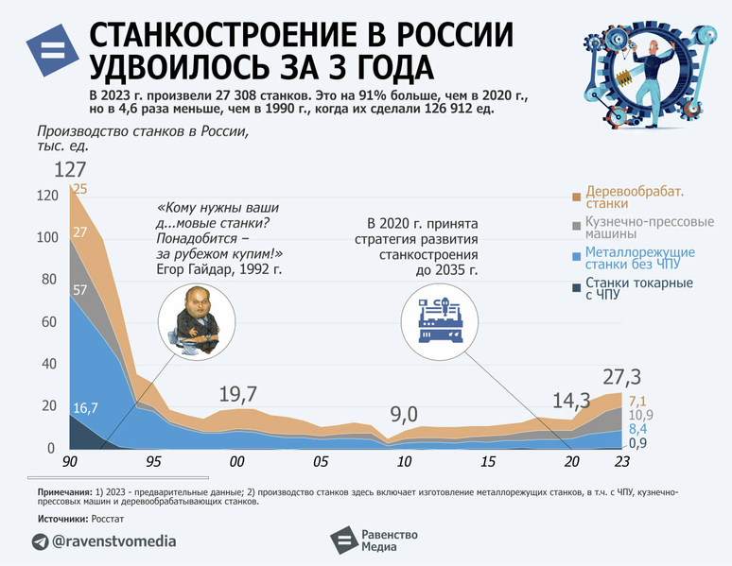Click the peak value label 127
(70, 171)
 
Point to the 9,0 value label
(404, 413)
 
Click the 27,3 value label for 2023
(622, 374)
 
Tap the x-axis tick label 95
(153, 462)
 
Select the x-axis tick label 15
(488, 462)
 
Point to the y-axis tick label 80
(45, 281)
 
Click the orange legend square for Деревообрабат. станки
(576, 197)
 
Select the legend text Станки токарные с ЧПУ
(638, 289)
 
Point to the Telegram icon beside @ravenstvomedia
(40, 541)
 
